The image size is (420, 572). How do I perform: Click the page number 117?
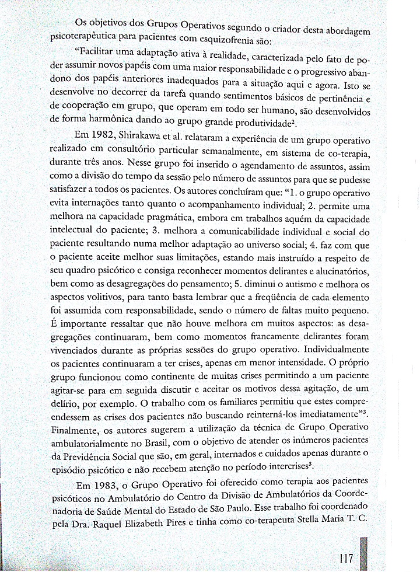coord(345,557)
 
